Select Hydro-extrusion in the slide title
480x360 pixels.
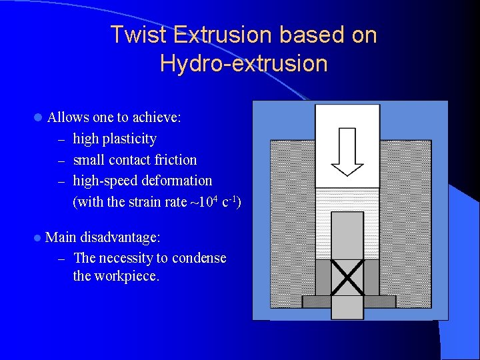244,63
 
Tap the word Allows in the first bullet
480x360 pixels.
69,117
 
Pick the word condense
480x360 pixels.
199,258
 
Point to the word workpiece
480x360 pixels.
128,276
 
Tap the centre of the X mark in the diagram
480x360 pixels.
347,277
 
